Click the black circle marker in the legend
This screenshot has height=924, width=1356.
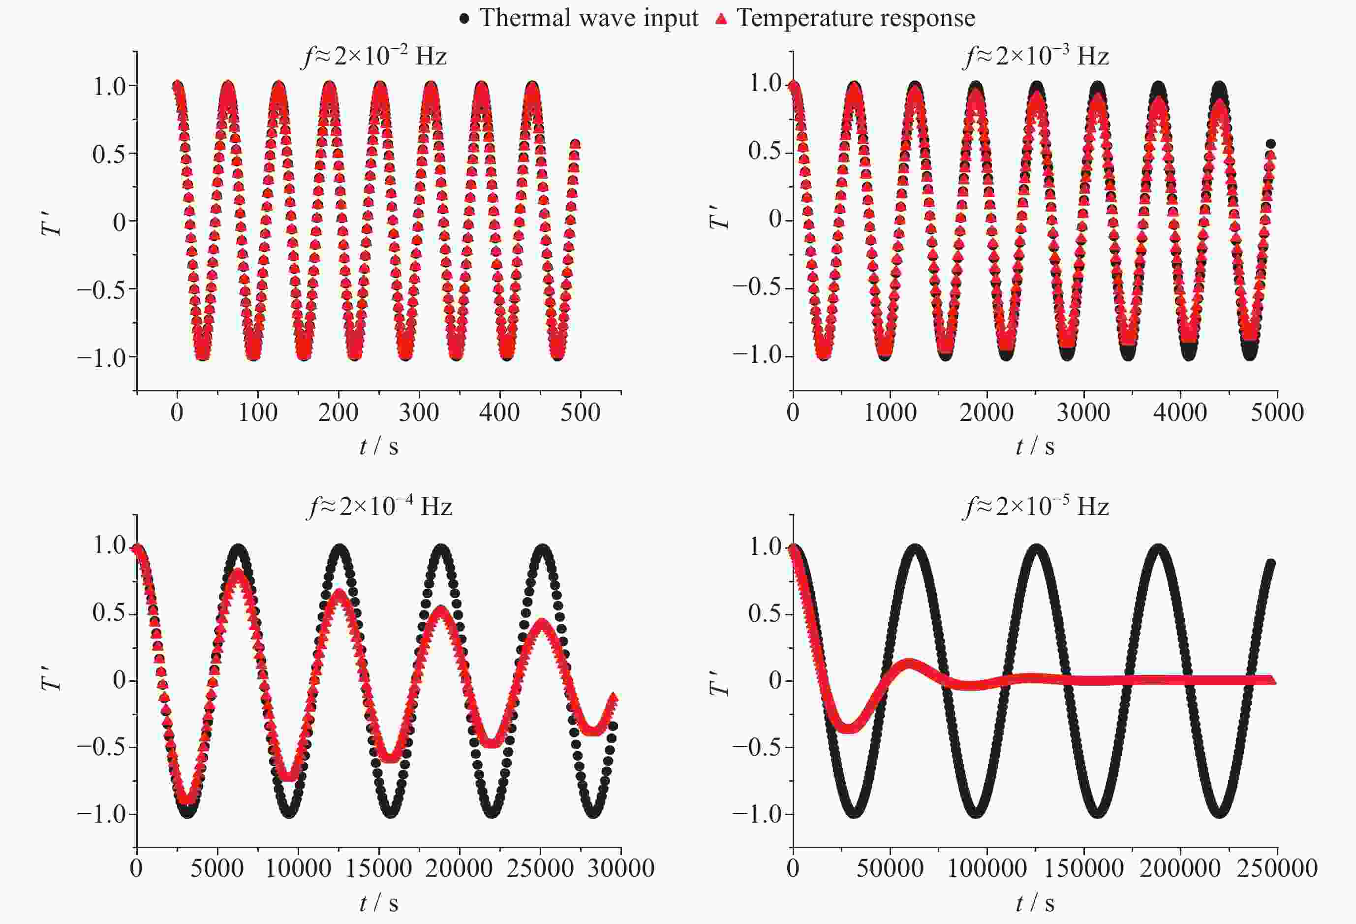(x=464, y=19)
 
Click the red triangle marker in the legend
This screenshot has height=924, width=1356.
(x=722, y=19)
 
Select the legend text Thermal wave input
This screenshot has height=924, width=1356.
(x=588, y=18)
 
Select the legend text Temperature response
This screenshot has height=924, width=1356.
(x=856, y=18)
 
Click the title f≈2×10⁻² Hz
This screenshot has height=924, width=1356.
(x=374, y=57)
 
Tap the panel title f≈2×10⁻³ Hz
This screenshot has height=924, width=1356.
(x=1036, y=57)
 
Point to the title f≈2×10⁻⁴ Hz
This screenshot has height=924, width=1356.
(x=379, y=506)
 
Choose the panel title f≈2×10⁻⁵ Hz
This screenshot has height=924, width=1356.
(x=1036, y=506)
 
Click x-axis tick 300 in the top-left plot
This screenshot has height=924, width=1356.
(x=418, y=413)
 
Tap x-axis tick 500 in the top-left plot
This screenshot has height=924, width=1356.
(x=580, y=413)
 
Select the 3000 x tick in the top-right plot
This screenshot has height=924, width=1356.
(x=1083, y=413)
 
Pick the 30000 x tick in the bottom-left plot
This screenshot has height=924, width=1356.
(x=621, y=868)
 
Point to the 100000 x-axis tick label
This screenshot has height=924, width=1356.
(x=986, y=868)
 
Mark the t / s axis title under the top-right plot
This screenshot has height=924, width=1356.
(x=1035, y=447)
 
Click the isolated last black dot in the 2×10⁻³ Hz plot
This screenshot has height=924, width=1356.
(x=1270, y=144)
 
